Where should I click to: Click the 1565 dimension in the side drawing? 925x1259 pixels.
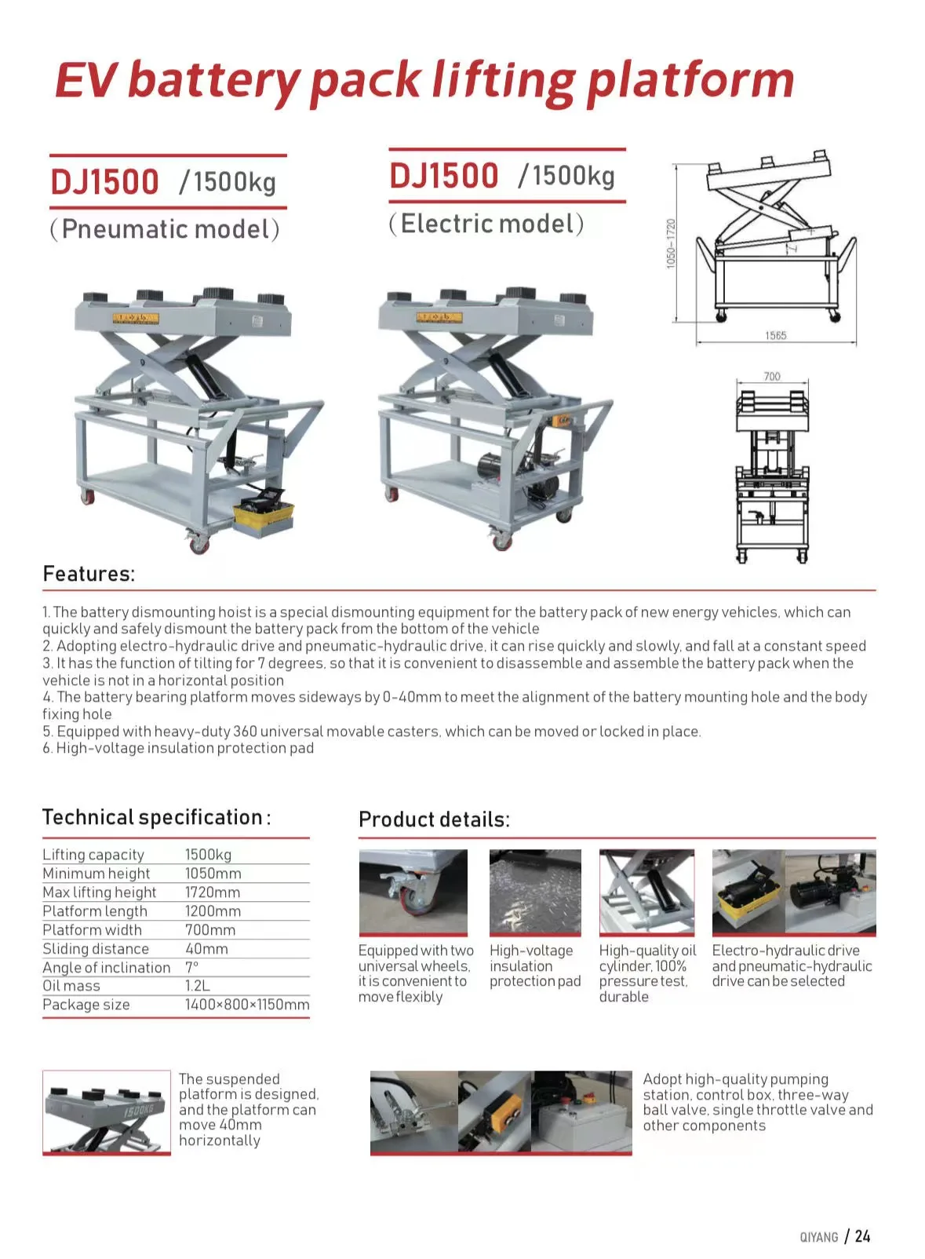(x=775, y=336)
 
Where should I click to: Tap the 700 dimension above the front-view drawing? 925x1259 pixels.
(x=772, y=377)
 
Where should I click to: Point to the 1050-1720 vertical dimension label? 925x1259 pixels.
(x=671, y=243)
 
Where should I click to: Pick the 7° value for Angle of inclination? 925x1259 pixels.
(x=192, y=967)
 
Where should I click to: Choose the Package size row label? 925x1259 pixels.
(x=86, y=1005)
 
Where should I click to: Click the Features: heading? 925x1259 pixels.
(x=89, y=574)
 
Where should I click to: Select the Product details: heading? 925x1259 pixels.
(x=434, y=819)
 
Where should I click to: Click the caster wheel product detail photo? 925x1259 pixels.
(x=413, y=892)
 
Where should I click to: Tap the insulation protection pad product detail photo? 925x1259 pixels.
(x=535, y=892)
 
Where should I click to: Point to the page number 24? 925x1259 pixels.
(x=862, y=1236)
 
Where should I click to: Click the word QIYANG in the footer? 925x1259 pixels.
(x=819, y=1237)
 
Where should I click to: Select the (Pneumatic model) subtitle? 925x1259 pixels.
(x=165, y=229)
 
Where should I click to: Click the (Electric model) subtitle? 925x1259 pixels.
(x=486, y=224)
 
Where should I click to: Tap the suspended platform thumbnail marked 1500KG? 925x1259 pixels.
(x=107, y=1112)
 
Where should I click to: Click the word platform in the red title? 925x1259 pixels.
(x=690, y=80)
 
